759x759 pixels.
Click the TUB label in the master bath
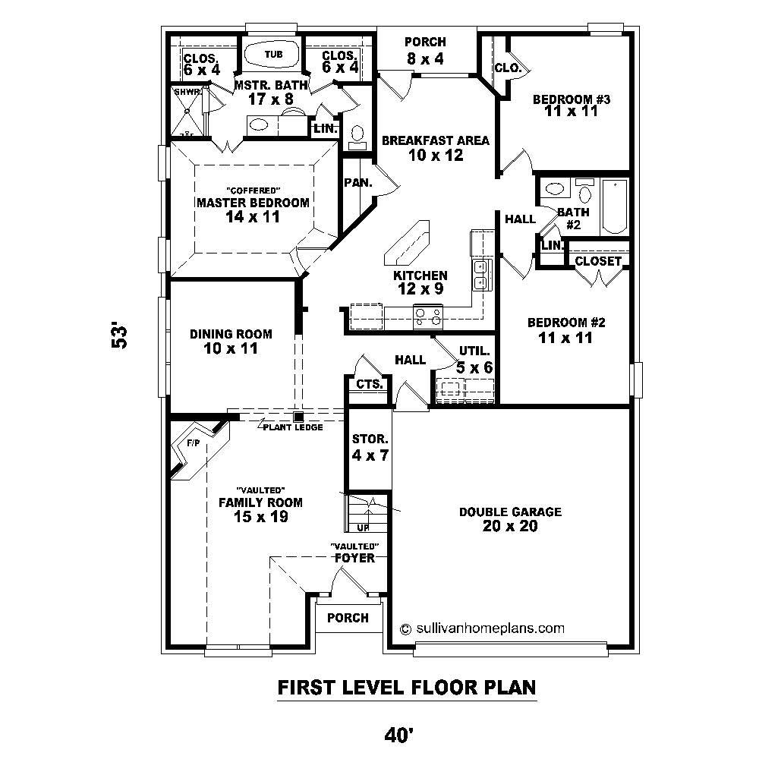tap(272, 54)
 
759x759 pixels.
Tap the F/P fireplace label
tap(193, 443)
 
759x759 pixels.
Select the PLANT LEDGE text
tap(293, 427)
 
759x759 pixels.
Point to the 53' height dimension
tap(119, 336)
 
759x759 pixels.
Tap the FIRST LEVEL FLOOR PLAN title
tap(407, 688)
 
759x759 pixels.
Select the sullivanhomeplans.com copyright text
tap(482, 628)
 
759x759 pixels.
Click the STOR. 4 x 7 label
tap(370, 448)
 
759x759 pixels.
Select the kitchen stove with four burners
tap(428, 315)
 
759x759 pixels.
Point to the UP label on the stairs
tap(363, 527)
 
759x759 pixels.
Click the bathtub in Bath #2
tap(615, 206)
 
